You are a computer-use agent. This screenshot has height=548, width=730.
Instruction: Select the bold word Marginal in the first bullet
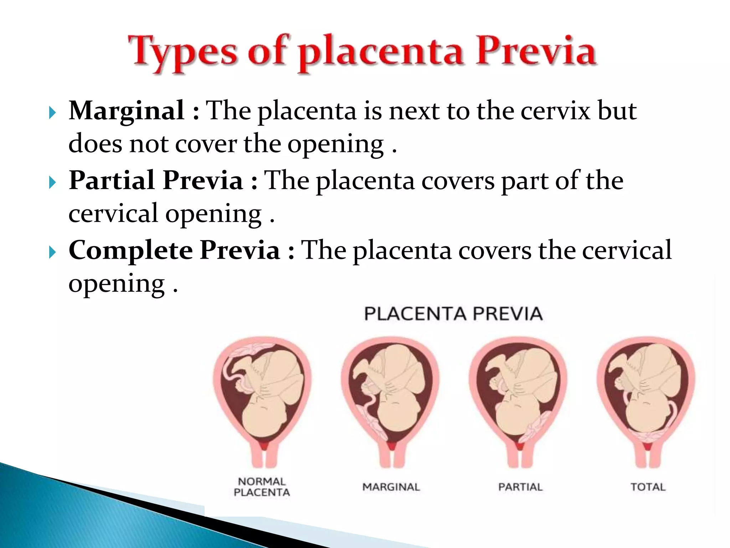coord(127,111)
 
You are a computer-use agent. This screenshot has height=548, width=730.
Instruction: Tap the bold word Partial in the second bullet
coord(112,181)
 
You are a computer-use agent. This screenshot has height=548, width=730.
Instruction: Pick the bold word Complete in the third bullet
coord(130,250)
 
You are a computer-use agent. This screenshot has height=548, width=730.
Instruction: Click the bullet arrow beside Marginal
coord(52,113)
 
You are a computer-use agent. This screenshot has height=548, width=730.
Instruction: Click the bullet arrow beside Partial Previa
coord(52,183)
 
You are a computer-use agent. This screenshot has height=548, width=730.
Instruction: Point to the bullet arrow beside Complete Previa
coord(52,253)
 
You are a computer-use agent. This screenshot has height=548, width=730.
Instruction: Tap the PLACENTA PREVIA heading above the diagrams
coord(453,314)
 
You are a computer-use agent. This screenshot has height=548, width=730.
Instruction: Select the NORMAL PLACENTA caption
coord(262,487)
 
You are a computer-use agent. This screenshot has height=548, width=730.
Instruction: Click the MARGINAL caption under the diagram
coord(391,487)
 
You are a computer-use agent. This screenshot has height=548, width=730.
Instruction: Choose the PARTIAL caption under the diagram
coord(520,487)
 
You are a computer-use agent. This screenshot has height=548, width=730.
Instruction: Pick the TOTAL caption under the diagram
coord(648,487)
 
